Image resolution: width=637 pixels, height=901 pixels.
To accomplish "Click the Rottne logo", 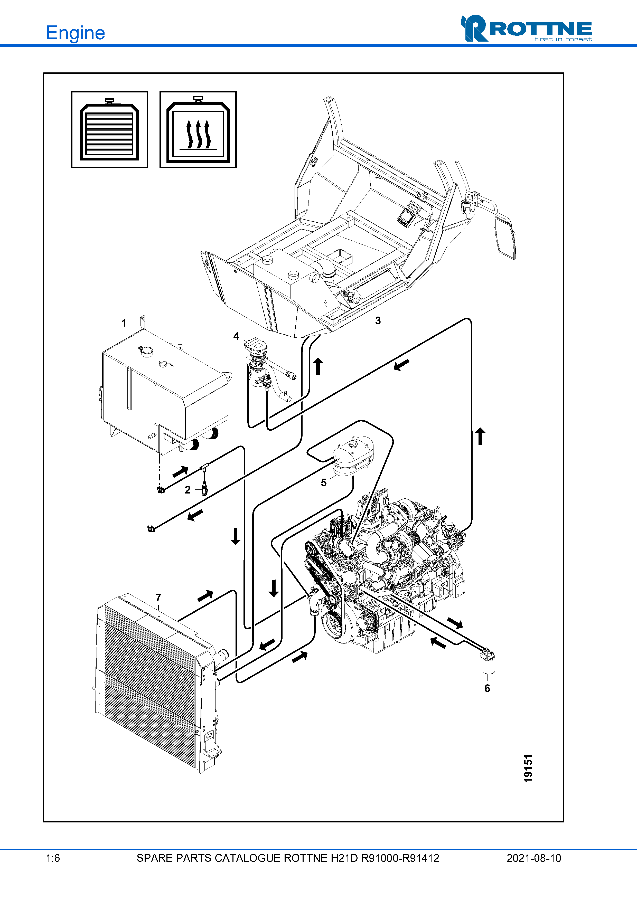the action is (526, 28).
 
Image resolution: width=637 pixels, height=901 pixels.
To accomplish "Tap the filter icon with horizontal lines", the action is (109, 129).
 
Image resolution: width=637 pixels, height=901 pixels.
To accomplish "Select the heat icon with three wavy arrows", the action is (198, 129).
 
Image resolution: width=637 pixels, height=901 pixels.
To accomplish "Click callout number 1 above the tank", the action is (124, 323).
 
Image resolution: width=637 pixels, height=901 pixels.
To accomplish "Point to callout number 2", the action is (188, 490).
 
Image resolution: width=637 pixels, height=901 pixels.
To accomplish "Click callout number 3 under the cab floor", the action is (378, 321).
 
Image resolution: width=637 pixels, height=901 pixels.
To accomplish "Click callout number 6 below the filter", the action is (487, 688).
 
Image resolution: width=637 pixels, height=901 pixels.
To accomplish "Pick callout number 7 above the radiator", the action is (158, 597).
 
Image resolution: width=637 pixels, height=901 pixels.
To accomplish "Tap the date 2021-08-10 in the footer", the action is (534, 858).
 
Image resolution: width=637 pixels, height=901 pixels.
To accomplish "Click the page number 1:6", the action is (53, 858).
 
